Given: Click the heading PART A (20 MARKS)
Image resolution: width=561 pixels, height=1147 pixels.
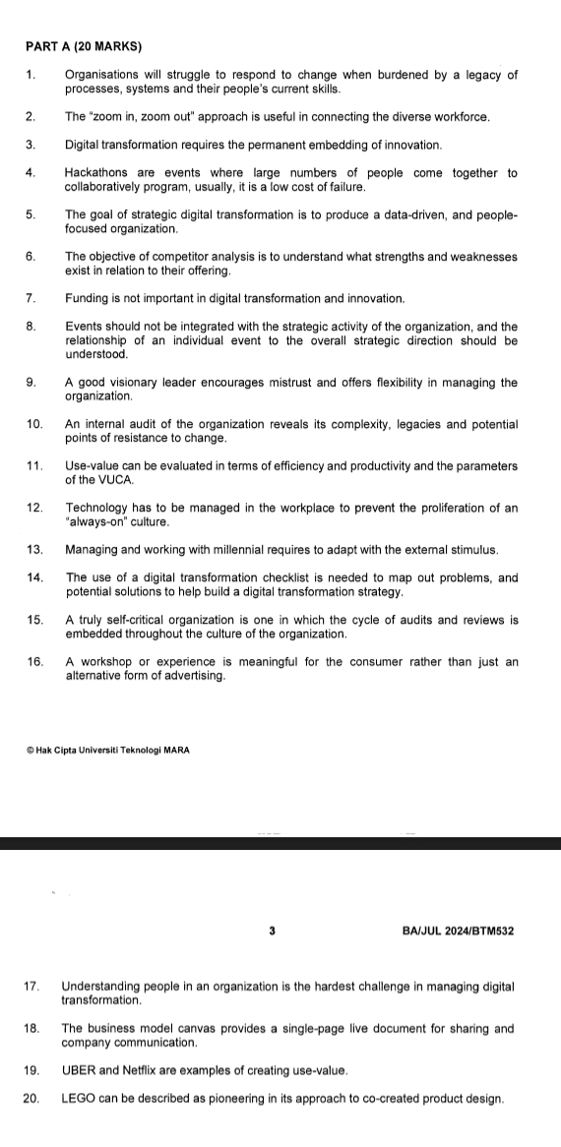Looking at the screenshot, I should pos(84,46).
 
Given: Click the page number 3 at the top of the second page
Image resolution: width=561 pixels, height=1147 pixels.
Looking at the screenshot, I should pos(271,930).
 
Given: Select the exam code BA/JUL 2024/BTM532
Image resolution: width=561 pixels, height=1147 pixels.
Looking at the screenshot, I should pos(459,930).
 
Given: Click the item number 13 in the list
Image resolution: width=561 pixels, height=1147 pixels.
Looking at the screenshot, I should pos(34,548).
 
